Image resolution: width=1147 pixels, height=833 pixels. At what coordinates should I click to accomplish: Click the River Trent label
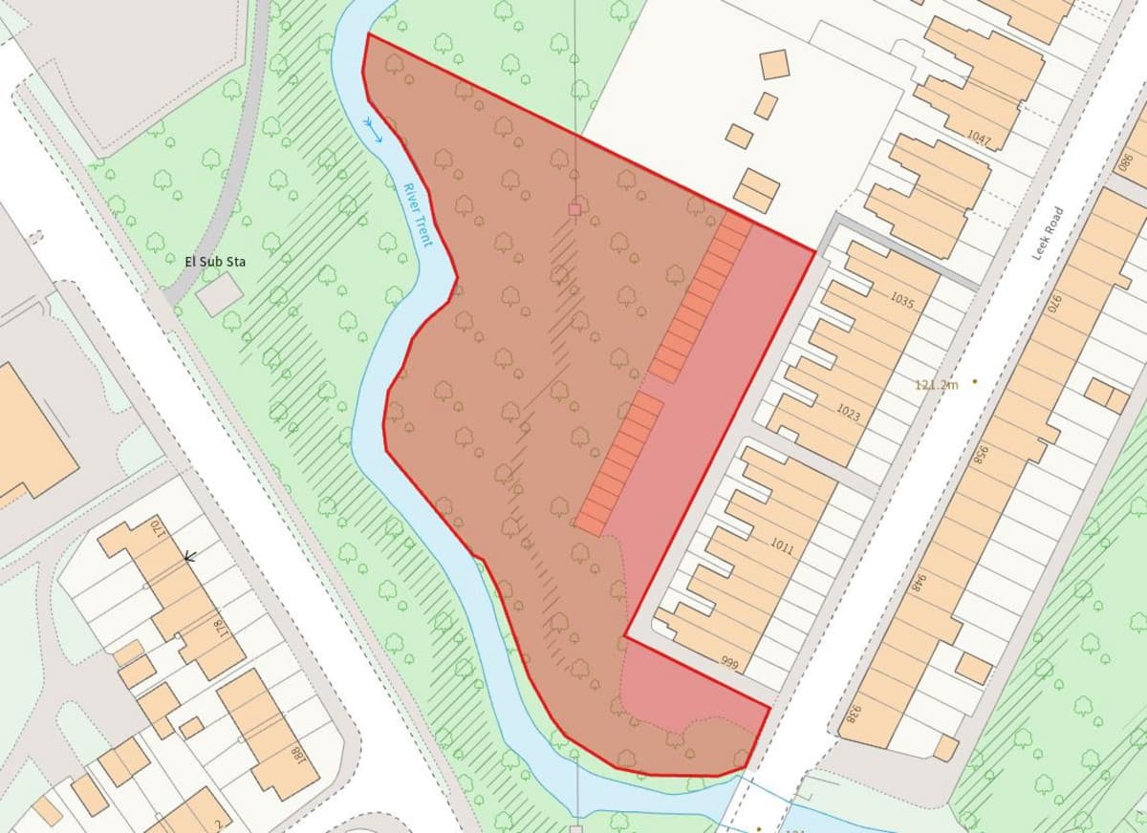point(418,215)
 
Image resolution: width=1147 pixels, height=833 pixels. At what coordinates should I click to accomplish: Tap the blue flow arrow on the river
point(373,129)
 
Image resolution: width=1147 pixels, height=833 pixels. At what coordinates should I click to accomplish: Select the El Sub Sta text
point(214,260)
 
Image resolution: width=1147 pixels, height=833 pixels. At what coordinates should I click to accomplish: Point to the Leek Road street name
point(1048,233)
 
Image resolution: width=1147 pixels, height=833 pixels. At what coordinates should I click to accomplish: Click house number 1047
point(979,139)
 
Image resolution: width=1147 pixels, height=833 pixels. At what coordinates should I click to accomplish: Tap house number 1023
point(848,414)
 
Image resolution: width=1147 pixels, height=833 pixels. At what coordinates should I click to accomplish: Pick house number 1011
point(782,545)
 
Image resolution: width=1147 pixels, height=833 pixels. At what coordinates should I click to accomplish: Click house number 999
point(731,663)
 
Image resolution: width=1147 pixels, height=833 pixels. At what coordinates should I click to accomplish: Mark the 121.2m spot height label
point(936,384)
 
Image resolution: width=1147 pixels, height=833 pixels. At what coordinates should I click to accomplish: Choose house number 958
point(979,455)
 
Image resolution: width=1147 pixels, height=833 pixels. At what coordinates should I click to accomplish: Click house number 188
point(298,755)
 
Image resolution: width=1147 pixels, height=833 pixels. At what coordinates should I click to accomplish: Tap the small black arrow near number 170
point(189,555)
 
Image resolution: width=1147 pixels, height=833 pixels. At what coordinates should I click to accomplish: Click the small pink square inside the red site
point(574,208)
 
